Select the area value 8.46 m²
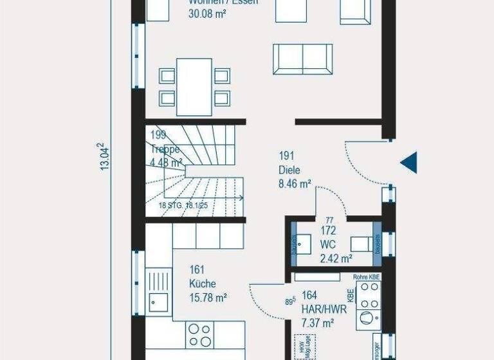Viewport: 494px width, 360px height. (295, 183)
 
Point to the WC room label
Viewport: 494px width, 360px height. (327, 245)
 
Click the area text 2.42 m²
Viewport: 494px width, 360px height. (336, 258)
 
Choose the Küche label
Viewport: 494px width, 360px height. (202, 283)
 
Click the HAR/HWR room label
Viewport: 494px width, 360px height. (324, 309)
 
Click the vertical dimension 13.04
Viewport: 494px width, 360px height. (103, 156)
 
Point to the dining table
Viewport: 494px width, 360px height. (194, 87)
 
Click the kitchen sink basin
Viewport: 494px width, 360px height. (157, 300)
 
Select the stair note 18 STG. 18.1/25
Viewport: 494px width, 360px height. (183, 206)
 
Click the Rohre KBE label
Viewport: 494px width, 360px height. (366, 277)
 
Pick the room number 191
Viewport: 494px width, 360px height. (286, 156)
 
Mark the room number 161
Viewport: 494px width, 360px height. (197, 270)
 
